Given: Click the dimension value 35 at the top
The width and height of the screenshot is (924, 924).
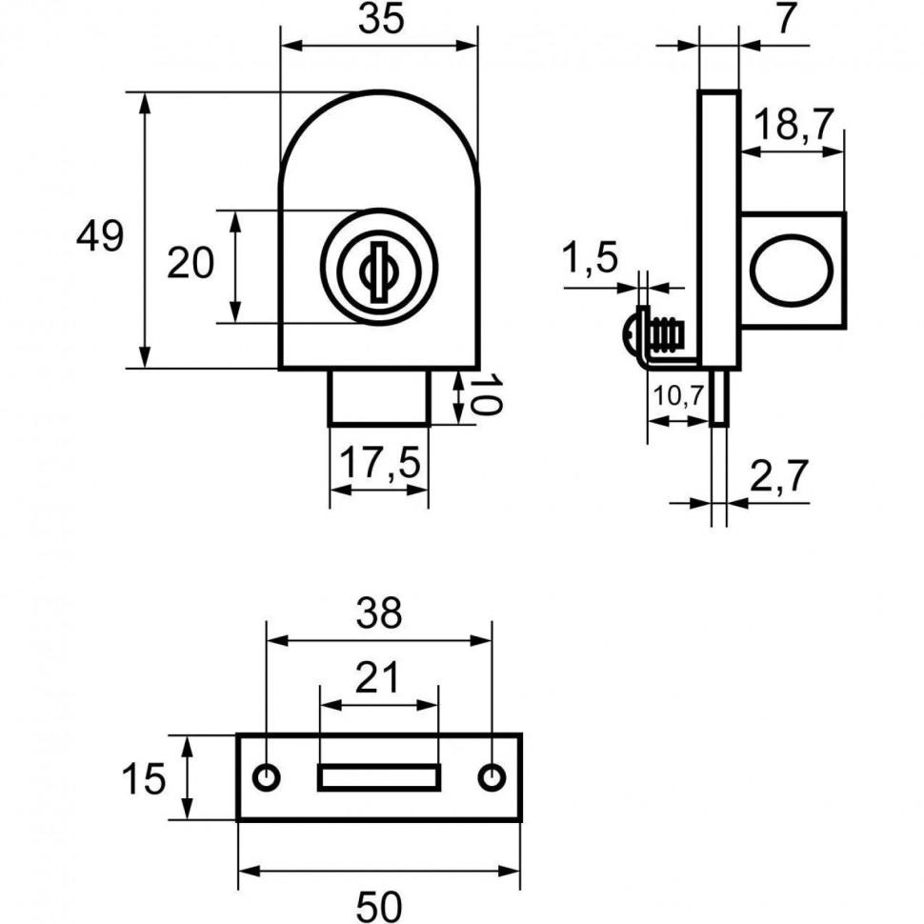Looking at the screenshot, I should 378,22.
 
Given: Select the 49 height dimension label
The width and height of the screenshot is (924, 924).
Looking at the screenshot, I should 100,235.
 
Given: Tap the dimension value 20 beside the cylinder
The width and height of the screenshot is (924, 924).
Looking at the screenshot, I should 191,263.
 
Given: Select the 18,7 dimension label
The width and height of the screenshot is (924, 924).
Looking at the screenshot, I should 793,124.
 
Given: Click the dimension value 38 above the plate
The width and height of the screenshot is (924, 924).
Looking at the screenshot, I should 379,614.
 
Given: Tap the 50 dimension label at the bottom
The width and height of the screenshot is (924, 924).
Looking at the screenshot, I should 379,904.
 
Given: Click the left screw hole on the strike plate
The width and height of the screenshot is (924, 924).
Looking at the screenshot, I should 268,777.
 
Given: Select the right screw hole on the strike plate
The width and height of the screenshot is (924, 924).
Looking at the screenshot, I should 492,777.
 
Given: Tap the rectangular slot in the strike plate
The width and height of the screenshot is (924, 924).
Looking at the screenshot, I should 378,777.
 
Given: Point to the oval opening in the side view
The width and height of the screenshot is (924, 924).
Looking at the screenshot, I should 786,270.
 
